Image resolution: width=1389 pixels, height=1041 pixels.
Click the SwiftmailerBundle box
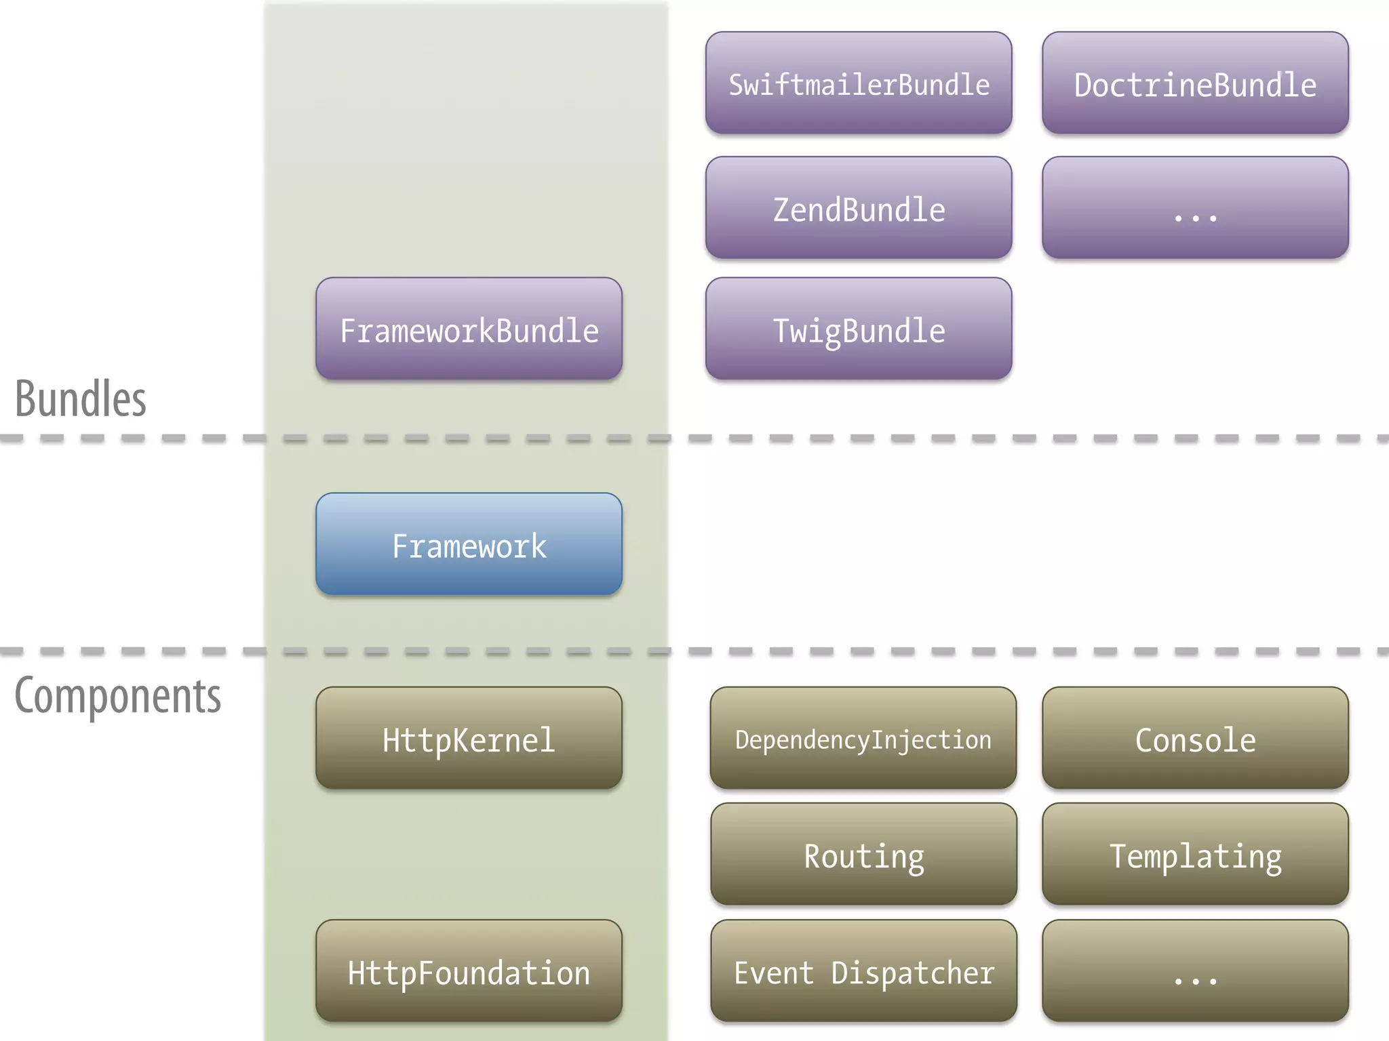pos(859,83)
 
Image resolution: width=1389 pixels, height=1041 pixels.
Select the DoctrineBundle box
pos(1195,83)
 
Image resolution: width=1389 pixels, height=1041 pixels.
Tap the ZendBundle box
pos(859,207)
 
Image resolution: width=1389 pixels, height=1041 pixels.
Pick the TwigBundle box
pos(859,329)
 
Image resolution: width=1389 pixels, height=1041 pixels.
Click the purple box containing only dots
pos(1195,207)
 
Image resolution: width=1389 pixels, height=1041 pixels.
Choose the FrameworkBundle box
pos(469,329)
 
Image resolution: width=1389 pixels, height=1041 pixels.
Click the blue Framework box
pos(469,544)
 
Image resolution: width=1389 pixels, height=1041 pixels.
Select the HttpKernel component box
pos(469,738)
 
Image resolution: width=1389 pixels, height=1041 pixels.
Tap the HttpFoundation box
pos(469,971)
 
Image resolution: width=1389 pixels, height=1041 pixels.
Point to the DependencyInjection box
pos(863,738)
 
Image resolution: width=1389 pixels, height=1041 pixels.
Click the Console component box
pos(1195,738)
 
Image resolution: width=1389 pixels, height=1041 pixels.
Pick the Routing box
pos(863,854)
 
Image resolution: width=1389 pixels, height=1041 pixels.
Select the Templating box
pos(1195,854)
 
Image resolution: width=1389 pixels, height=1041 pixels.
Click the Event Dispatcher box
pos(863,971)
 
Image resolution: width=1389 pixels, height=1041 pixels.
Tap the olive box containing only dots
pos(1195,971)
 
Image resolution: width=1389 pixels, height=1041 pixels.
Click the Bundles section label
pos(81,399)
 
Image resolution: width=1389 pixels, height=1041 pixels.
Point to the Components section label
pos(117,696)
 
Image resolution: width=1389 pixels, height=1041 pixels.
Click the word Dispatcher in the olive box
pos(912,973)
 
